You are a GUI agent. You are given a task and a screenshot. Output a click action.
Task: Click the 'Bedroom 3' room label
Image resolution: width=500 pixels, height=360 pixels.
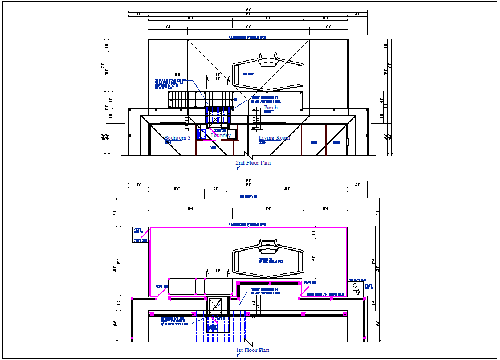(x=177, y=138)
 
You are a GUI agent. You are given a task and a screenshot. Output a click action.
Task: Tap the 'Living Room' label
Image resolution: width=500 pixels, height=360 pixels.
(x=274, y=138)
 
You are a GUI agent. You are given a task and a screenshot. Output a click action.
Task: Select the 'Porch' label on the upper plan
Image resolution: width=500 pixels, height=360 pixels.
(x=270, y=108)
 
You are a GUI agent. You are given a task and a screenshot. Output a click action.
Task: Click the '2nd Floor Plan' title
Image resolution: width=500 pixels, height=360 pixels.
(x=253, y=163)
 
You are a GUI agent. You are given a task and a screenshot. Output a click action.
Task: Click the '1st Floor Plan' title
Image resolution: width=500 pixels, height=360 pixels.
(x=252, y=350)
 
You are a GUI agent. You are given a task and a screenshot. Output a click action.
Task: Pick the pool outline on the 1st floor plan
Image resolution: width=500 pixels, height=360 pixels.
(x=267, y=260)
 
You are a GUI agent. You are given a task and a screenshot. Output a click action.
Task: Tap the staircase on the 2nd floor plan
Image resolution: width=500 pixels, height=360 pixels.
(x=188, y=99)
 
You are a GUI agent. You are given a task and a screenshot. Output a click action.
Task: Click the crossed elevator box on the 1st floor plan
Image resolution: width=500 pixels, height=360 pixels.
(x=217, y=306)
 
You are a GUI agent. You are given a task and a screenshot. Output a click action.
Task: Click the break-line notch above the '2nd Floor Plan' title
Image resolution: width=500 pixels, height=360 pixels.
(x=246, y=155)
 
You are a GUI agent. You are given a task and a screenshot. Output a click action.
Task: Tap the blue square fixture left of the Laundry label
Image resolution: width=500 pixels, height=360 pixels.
(x=202, y=134)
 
